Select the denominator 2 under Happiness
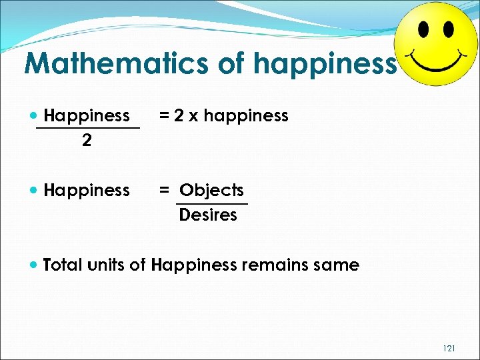pos(87,141)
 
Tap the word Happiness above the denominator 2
pos(87,115)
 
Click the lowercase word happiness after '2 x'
pos(246,116)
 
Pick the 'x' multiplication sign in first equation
pos(193,116)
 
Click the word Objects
pos(211,190)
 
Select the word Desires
pos(208,215)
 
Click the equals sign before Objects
pos(164,191)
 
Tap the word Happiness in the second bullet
pos(87,191)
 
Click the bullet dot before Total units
pos(34,265)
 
